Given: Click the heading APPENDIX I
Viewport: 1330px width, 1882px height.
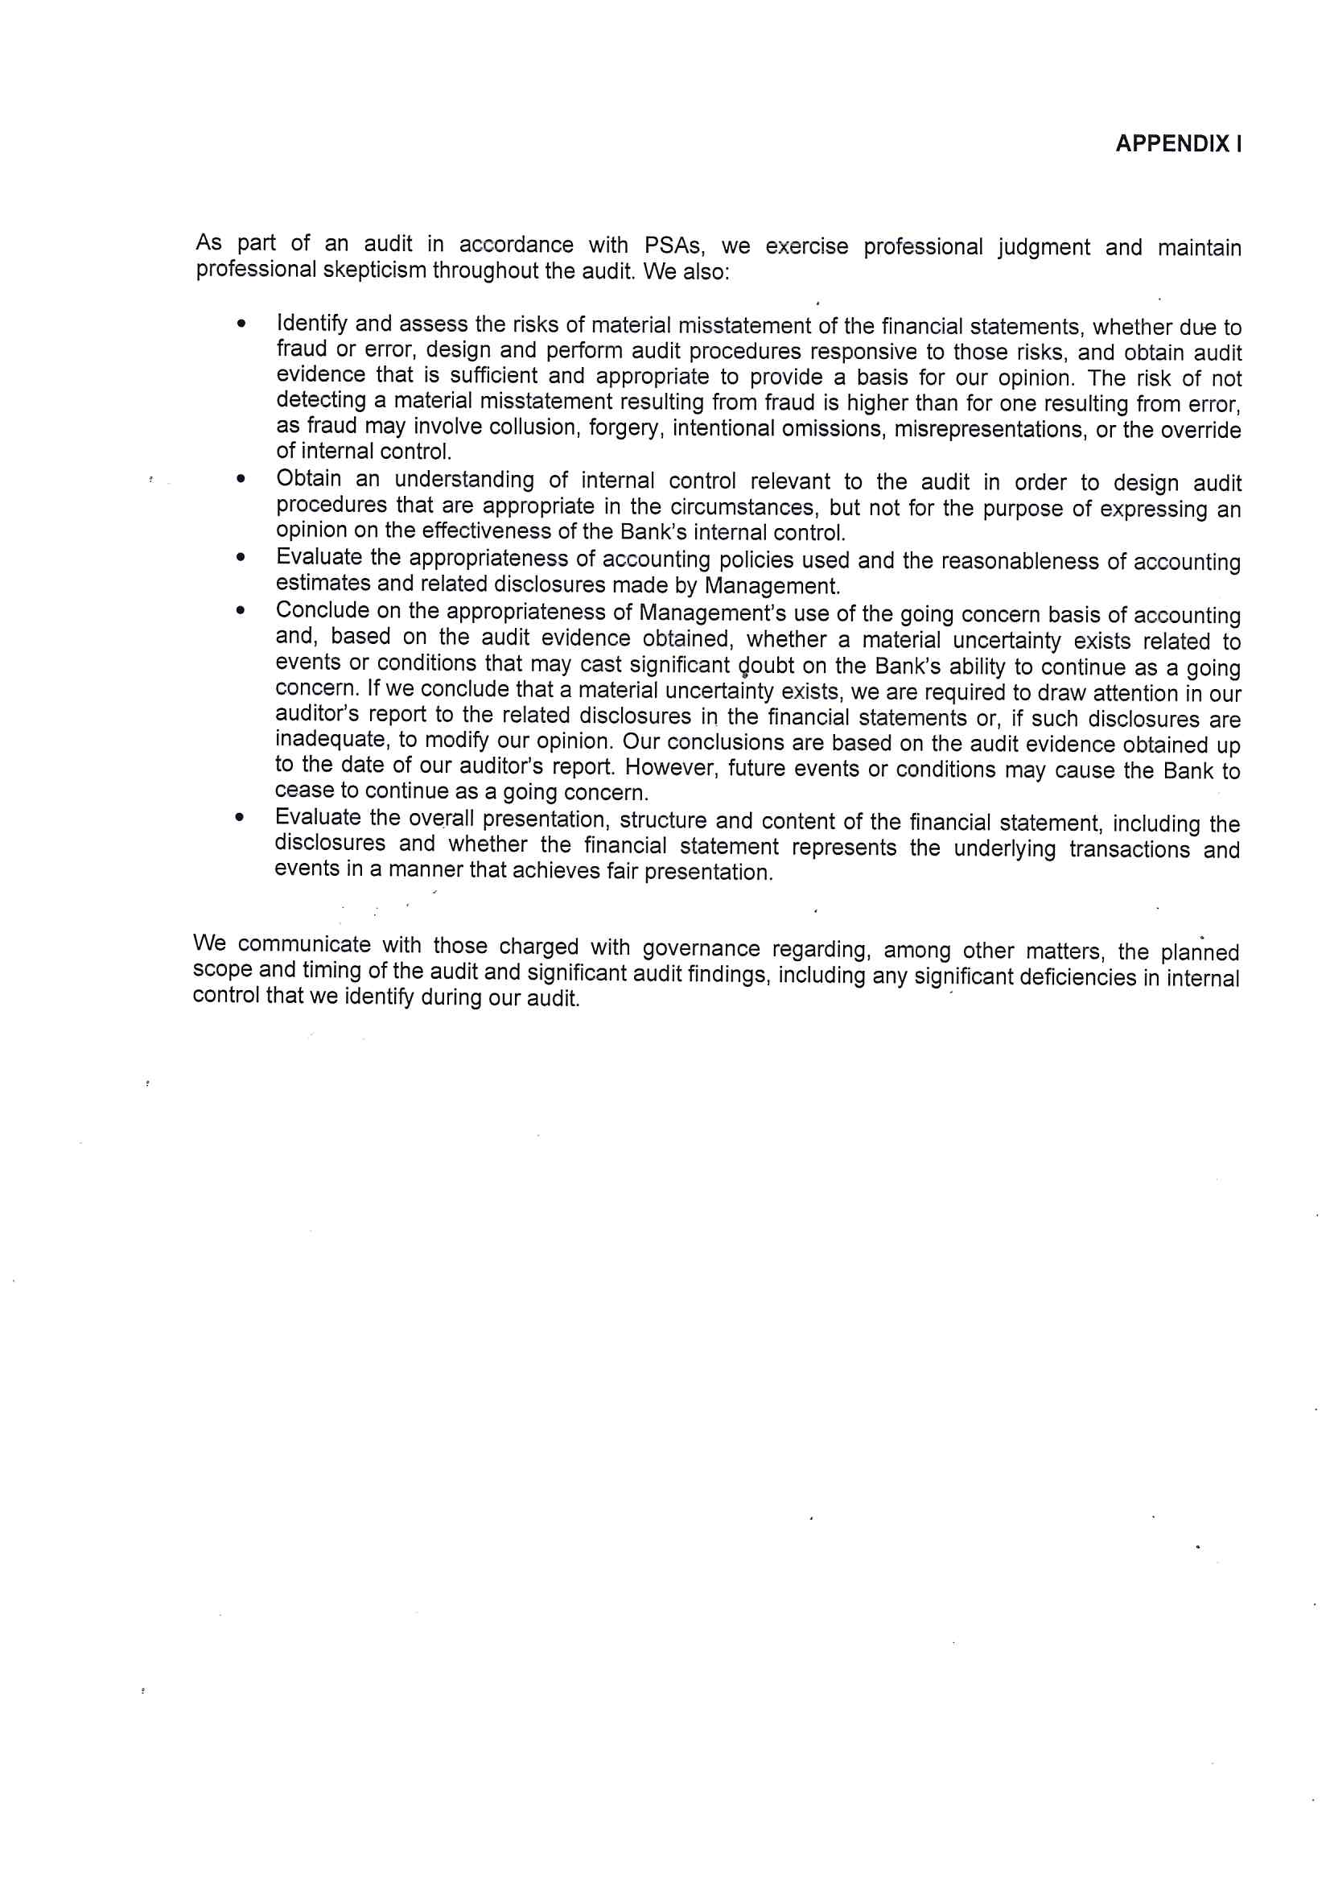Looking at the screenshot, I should click(x=1178, y=144).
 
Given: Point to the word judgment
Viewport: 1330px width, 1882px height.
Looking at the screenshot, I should click(x=1044, y=247).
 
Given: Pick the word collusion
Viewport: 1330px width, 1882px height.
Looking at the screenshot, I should click(x=533, y=427).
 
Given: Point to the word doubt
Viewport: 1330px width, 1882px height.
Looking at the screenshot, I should click(x=766, y=666).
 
